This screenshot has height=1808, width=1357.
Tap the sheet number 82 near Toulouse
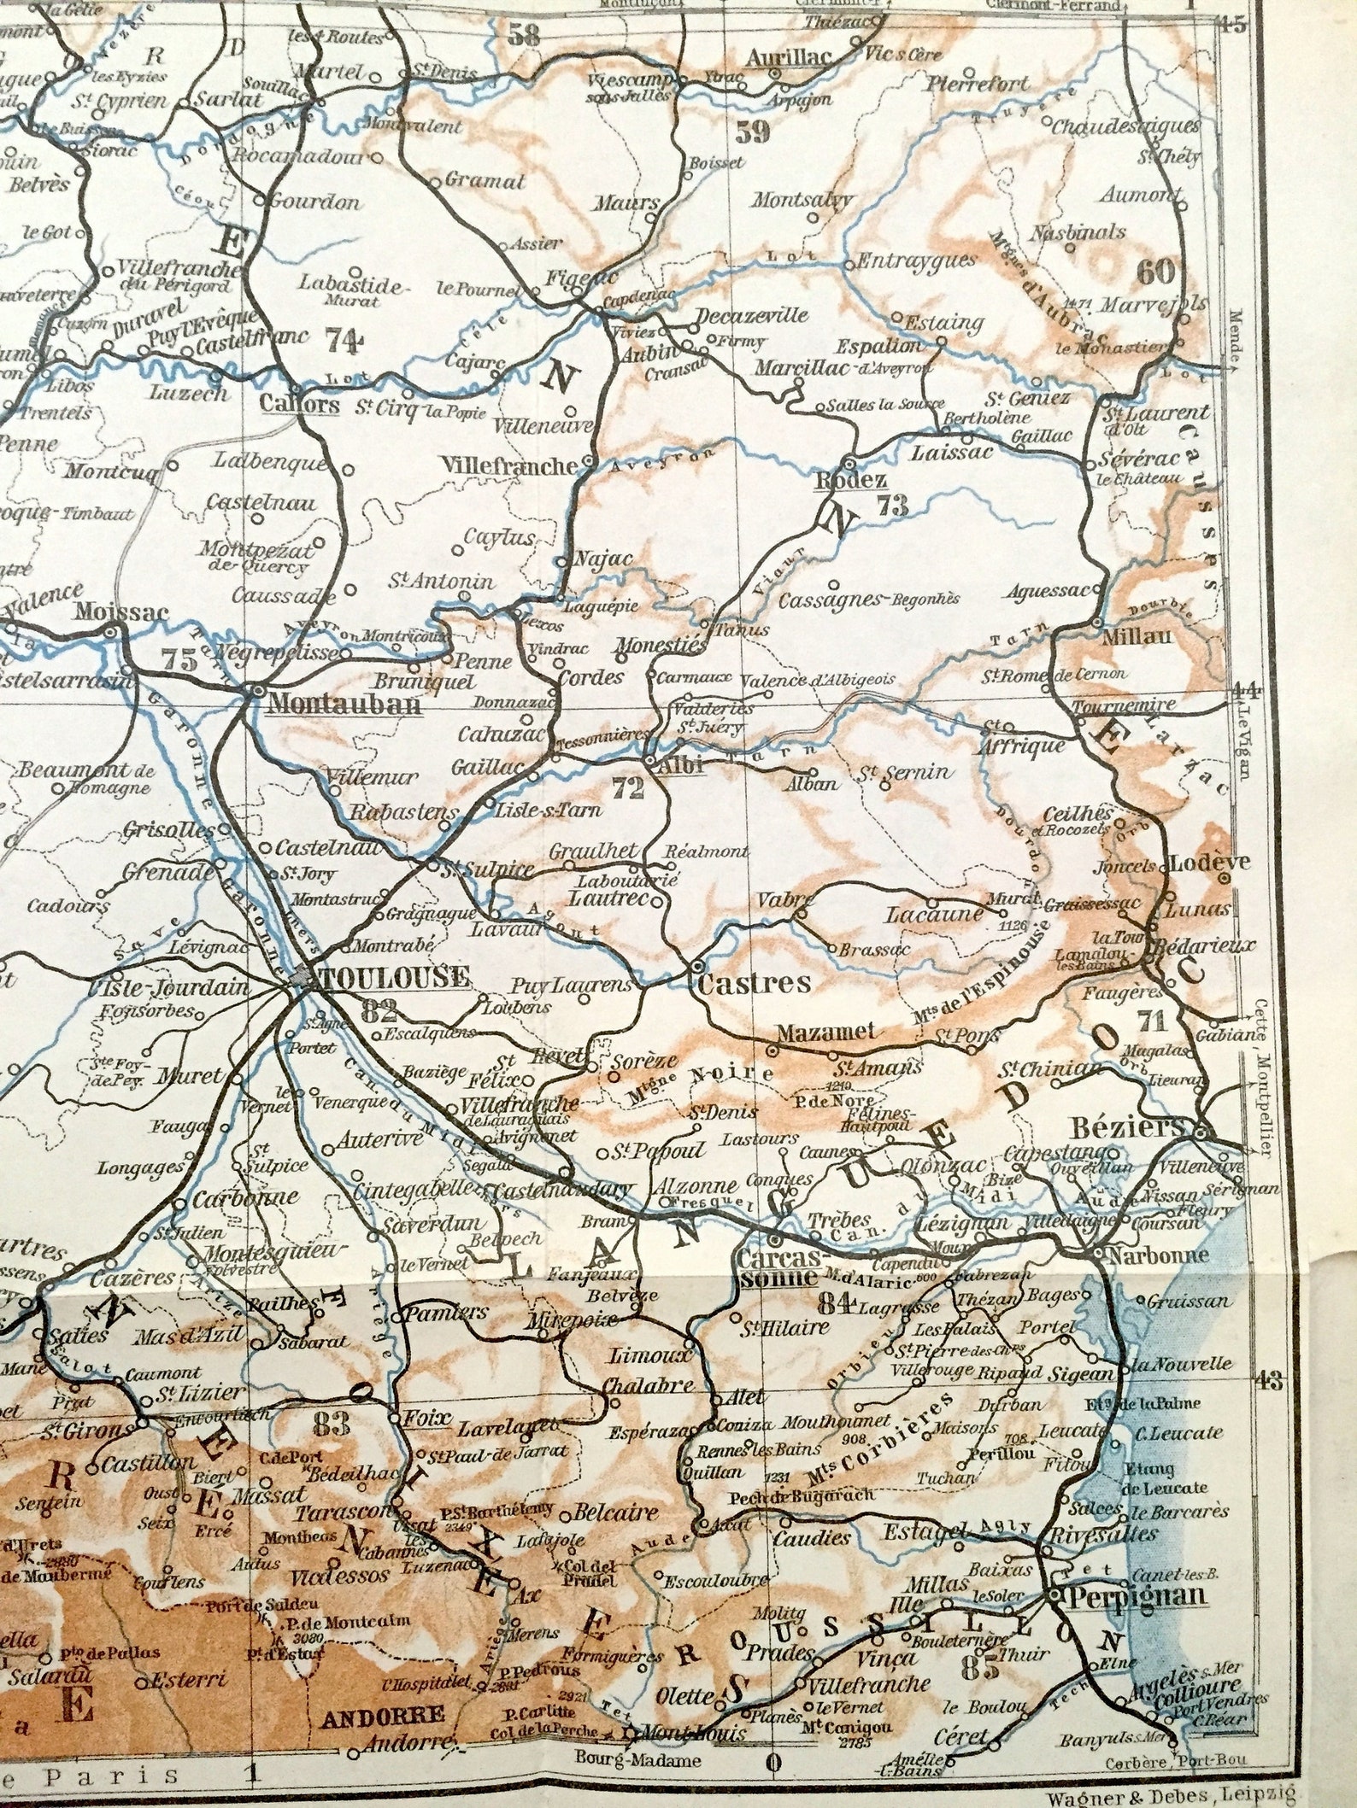(x=379, y=1012)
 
